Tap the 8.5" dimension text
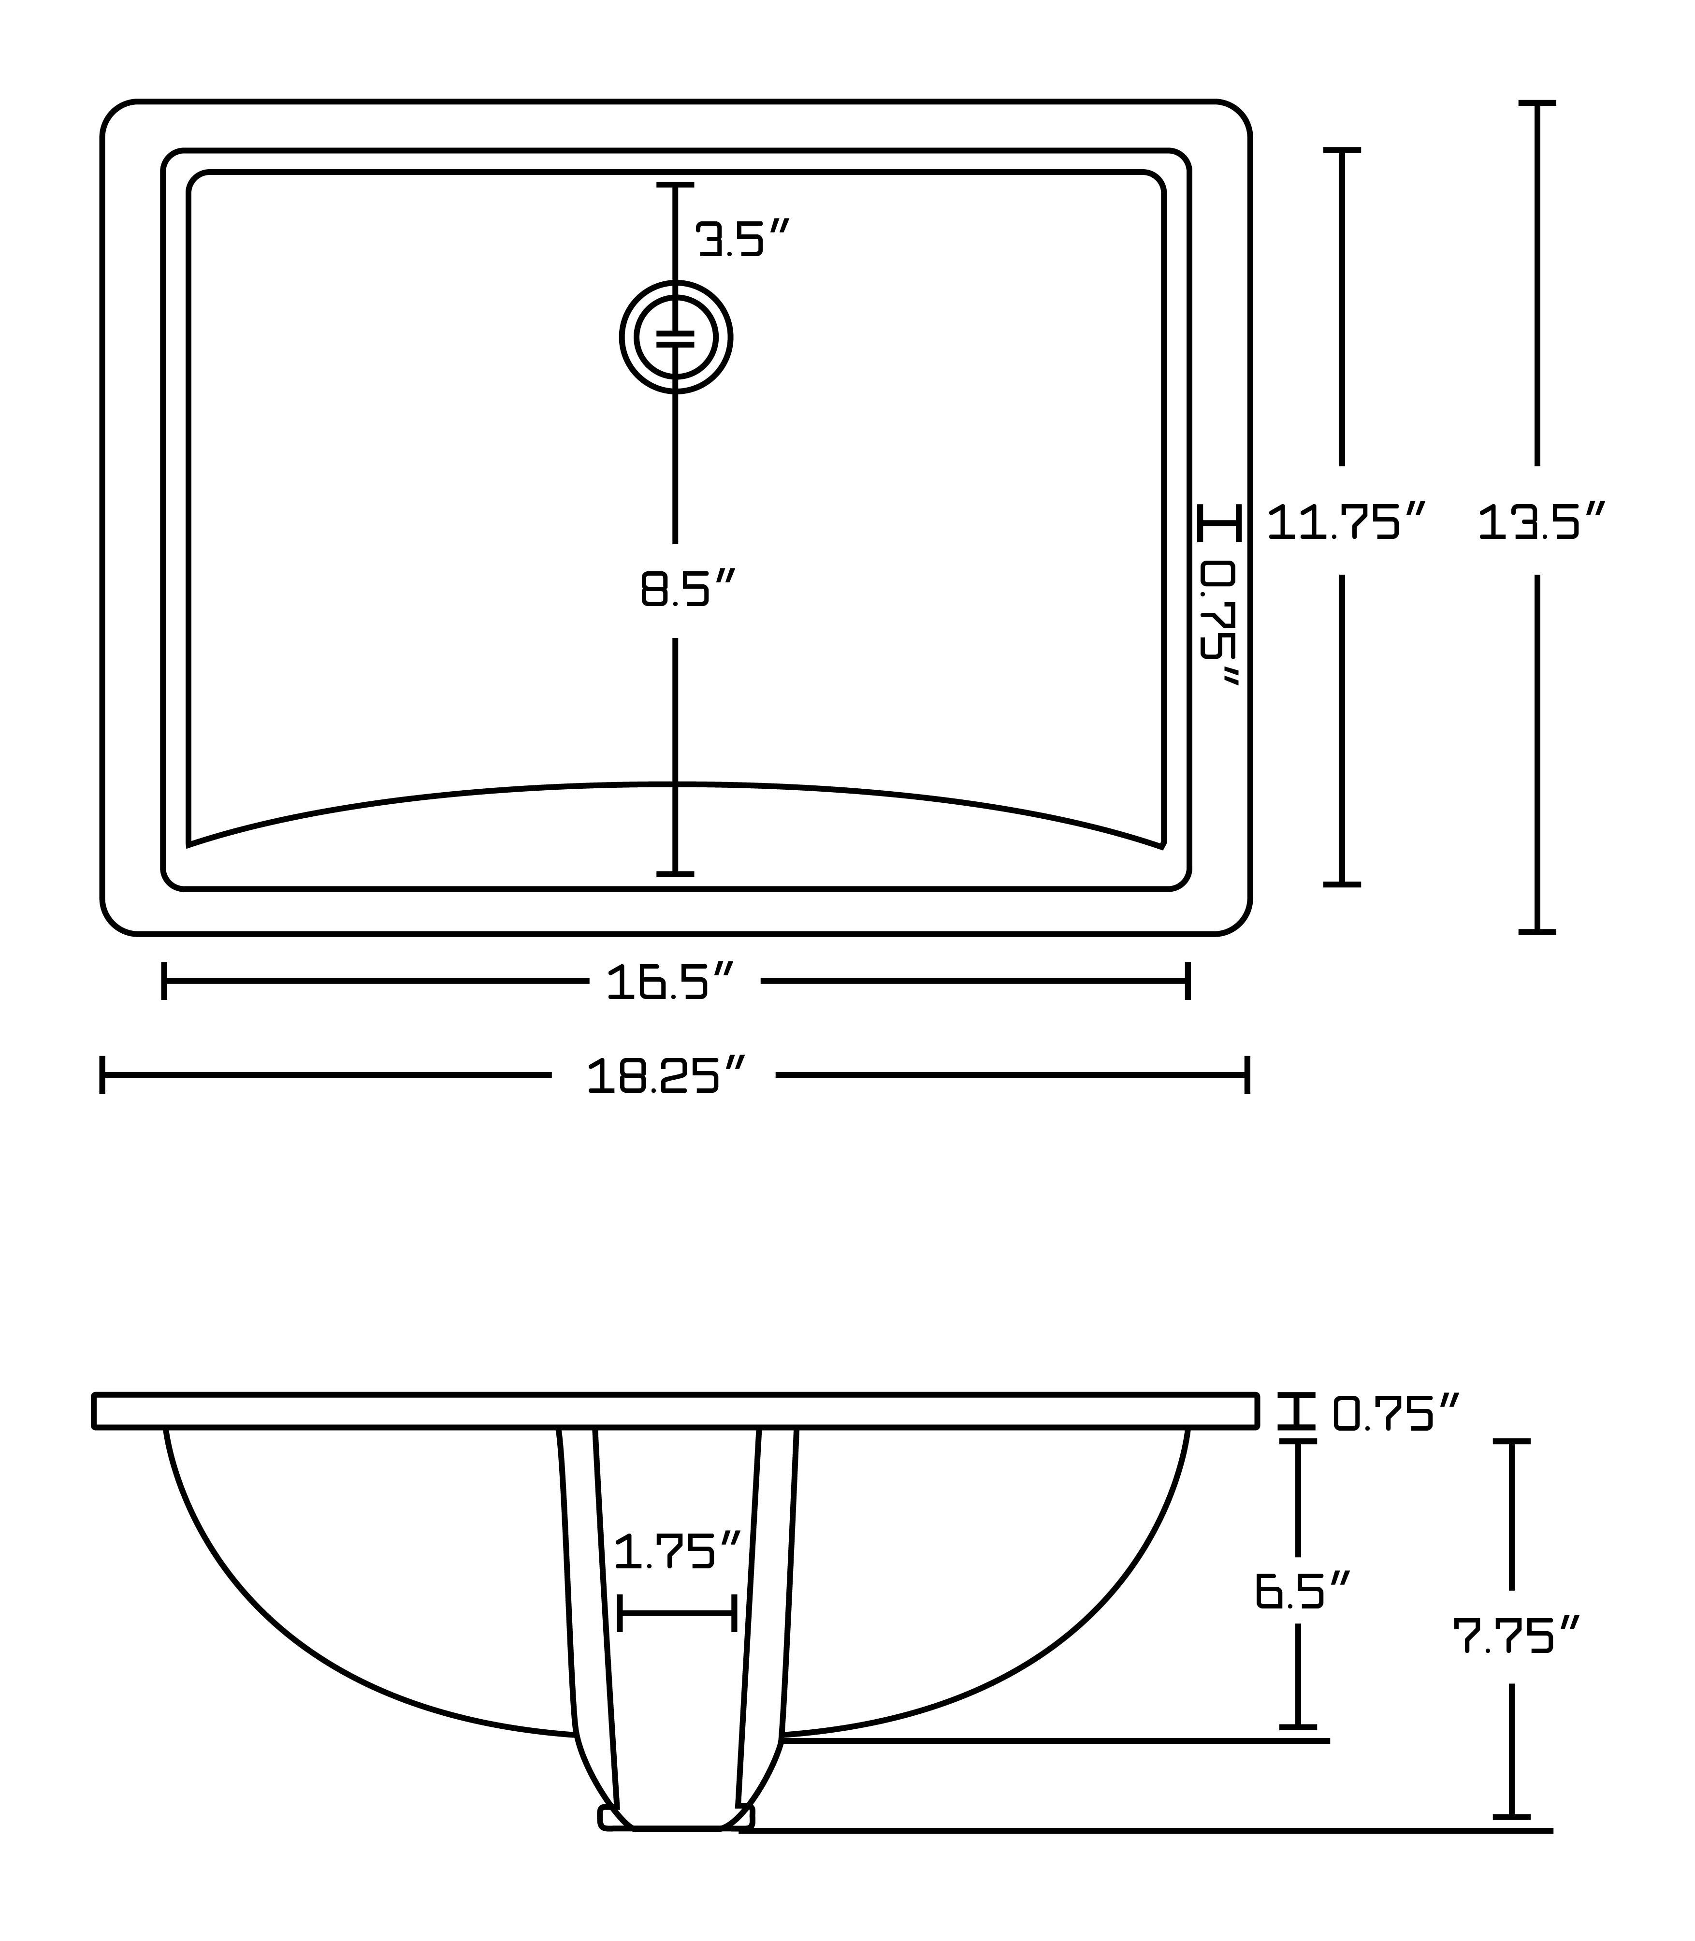(x=688, y=589)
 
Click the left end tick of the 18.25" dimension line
(x=102, y=1075)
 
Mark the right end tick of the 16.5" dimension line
(x=1188, y=981)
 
